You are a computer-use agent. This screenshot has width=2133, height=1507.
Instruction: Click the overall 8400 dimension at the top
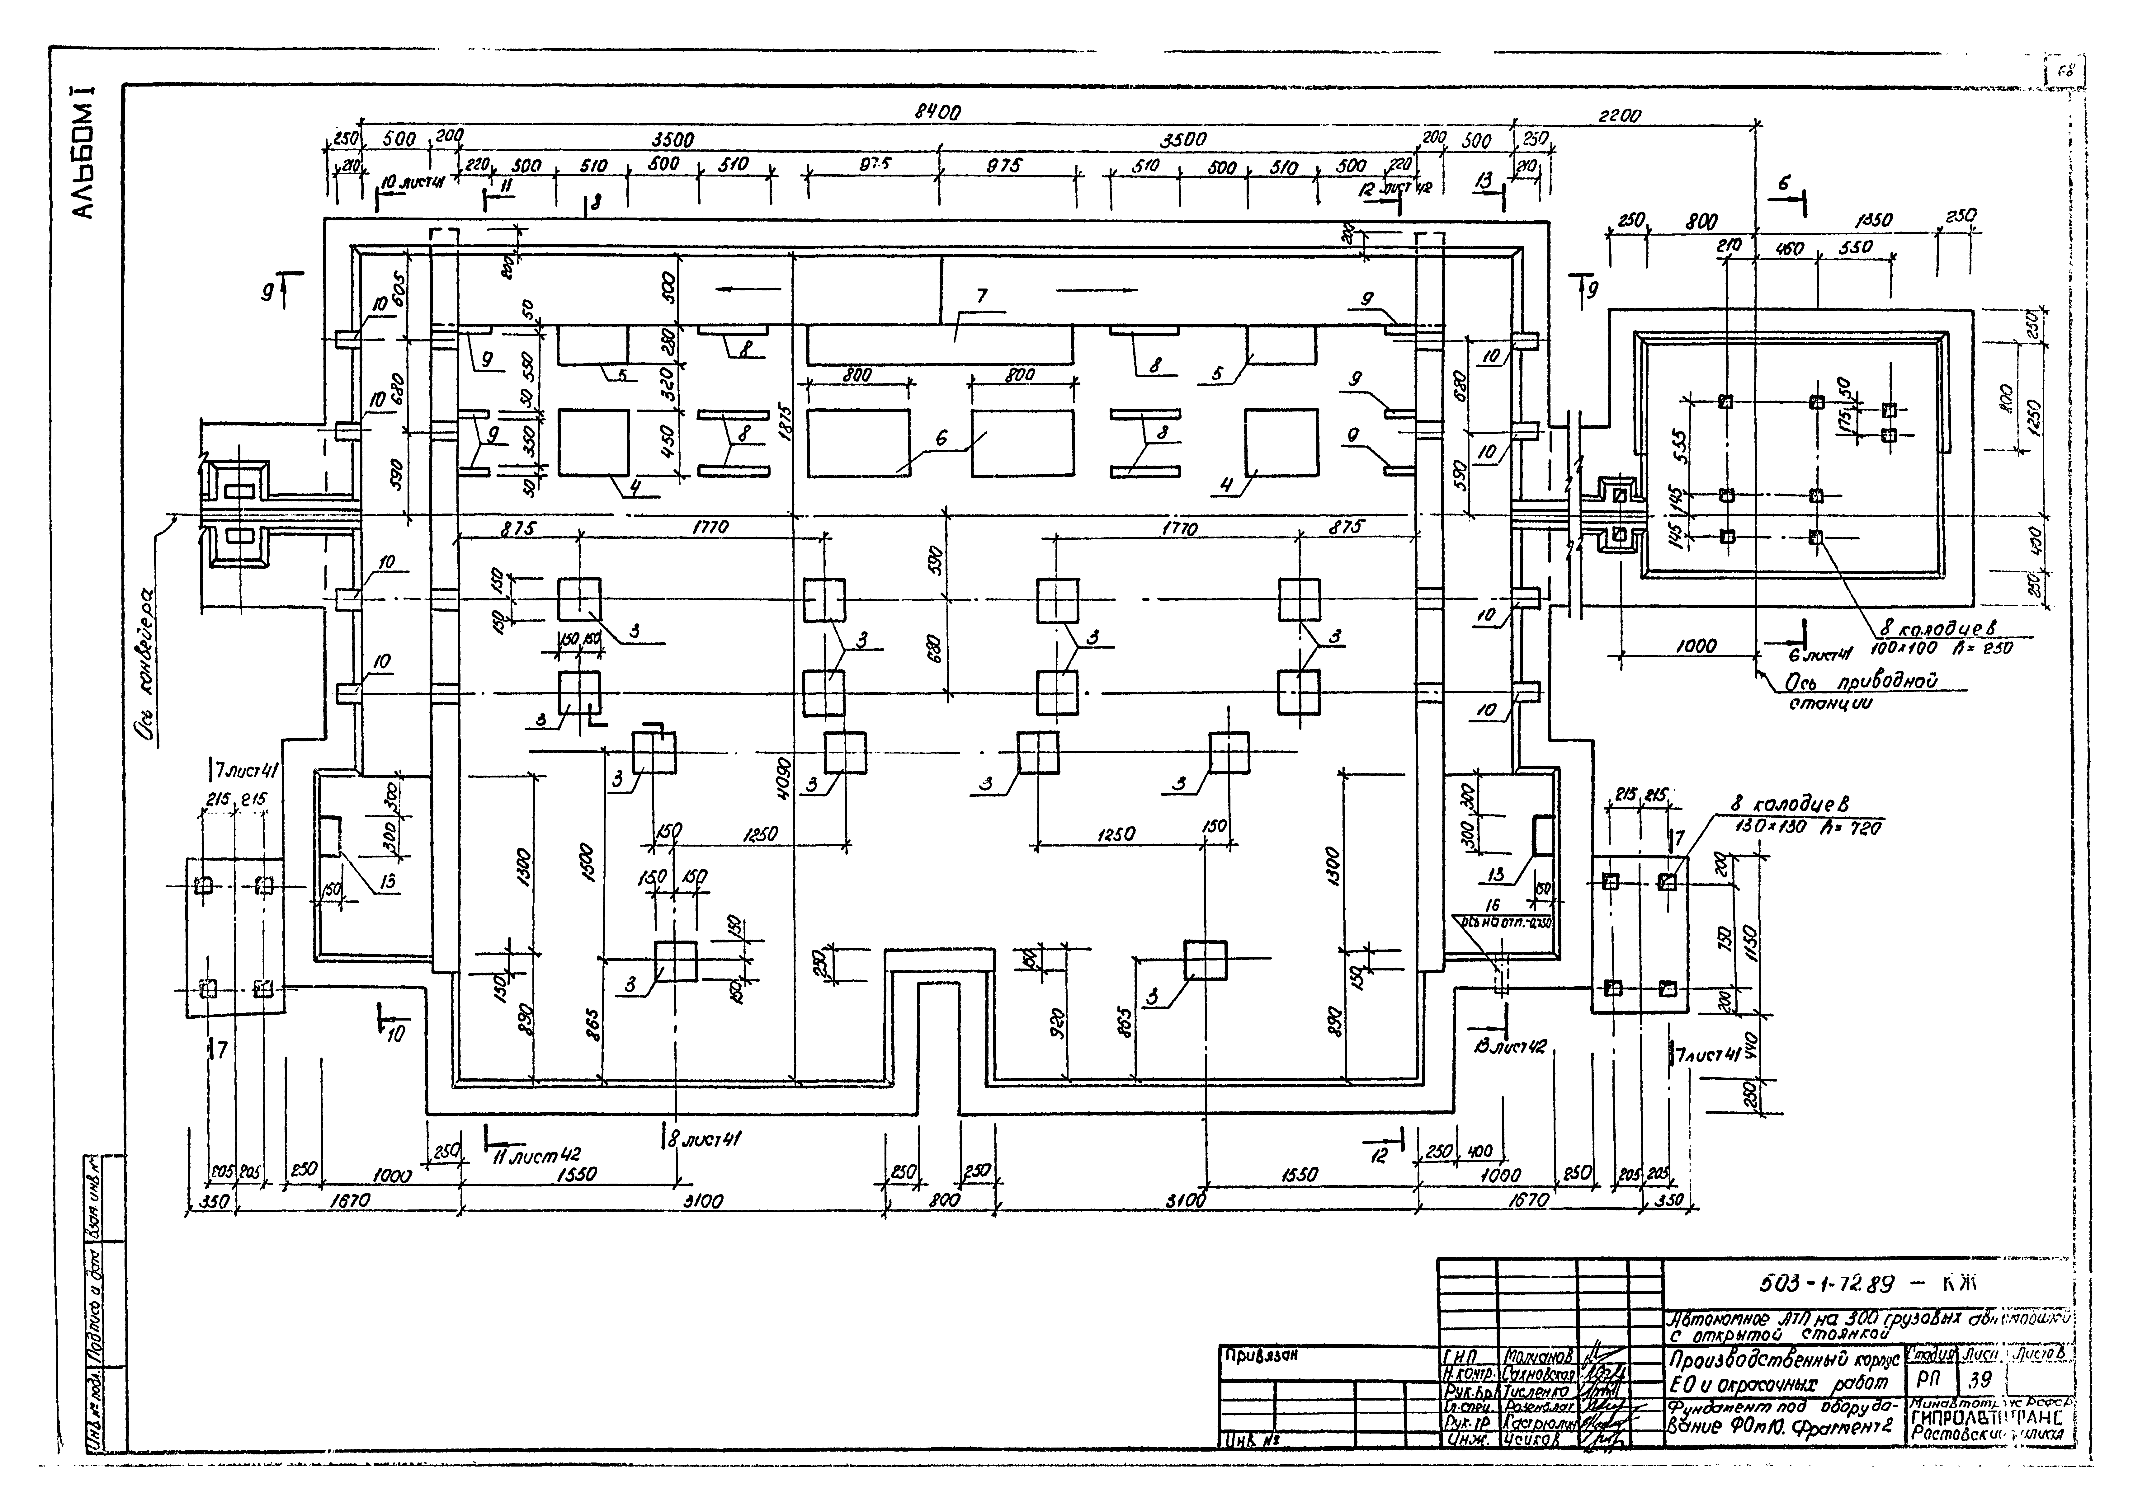(x=938, y=112)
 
